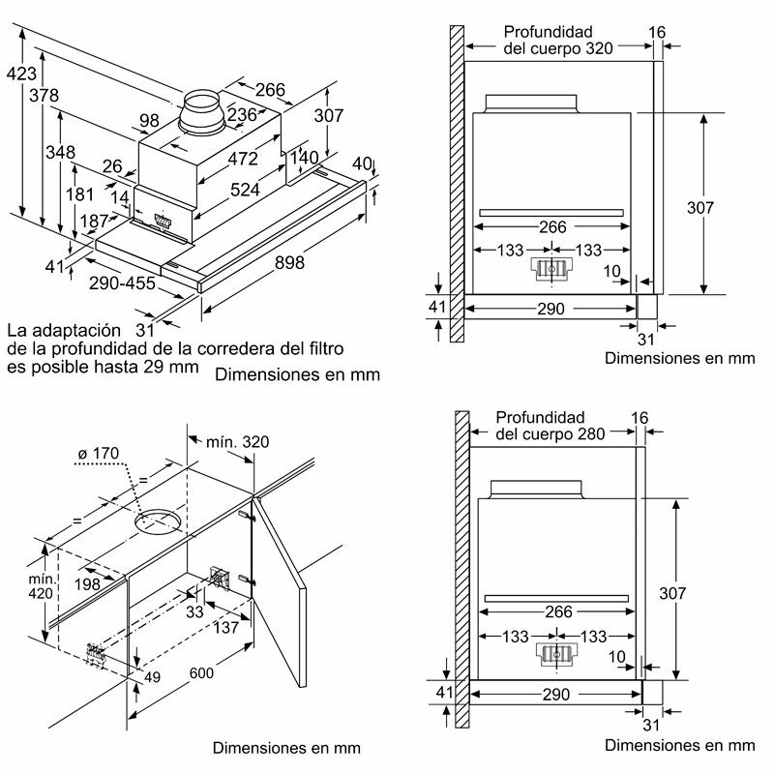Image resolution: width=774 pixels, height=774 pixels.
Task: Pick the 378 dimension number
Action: click(45, 96)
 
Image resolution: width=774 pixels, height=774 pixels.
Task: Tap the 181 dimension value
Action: click(78, 194)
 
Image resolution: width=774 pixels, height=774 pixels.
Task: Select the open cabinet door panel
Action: click(278, 590)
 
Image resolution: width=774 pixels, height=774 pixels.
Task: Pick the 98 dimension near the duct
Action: click(149, 121)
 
